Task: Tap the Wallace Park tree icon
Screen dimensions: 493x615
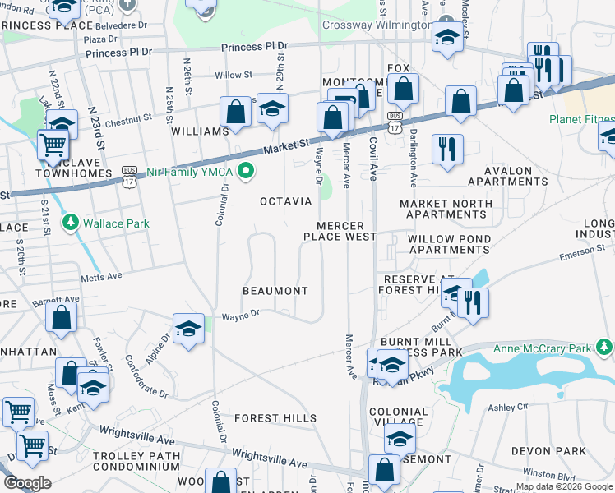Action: tap(71, 223)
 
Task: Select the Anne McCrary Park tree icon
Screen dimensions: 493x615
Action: tap(605, 347)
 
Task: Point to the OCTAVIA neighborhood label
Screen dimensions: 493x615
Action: tap(285, 201)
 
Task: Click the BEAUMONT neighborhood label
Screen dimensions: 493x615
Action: tap(275, 291)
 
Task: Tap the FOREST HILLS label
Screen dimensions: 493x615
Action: tap(275, 418)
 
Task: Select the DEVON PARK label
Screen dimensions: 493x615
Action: tap(548, 451)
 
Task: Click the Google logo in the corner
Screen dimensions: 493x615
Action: tap(27, 483)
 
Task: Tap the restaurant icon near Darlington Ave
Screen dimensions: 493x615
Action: tap(447, 150)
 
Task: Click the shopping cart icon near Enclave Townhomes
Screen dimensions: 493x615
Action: tap(53, 145)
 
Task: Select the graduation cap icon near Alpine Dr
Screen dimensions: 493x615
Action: tap(188, 329)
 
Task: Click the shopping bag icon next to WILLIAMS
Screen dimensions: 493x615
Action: tap(235, 113)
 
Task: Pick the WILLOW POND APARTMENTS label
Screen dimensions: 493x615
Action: tap(449, 244)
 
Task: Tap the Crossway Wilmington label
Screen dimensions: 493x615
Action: tap(377, 25)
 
